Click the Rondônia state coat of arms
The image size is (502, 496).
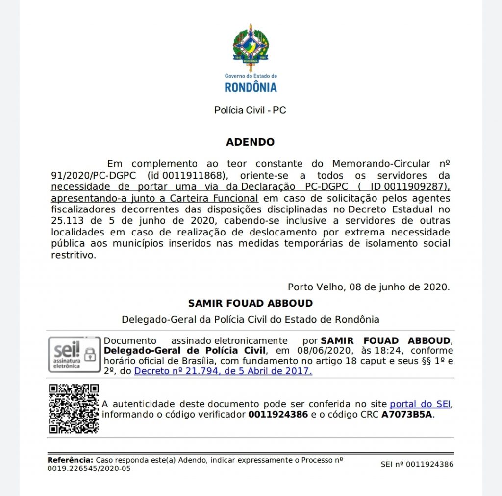click(251, 47)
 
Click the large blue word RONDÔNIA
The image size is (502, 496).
click(251, 88)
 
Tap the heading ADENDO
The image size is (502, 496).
click(250, 143)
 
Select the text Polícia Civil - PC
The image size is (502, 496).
click(250, 110)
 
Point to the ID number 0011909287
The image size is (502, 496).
click(416, 186)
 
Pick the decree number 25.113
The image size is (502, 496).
click(67, 221)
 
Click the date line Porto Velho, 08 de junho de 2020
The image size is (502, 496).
click(368, 287)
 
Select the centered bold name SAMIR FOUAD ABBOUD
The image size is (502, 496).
click(250, 303)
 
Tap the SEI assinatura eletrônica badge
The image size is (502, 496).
click(74, 354)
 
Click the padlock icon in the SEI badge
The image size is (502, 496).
click(90, 354)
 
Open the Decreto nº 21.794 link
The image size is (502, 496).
click(223, 371)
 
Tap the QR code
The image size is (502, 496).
click(74, 409)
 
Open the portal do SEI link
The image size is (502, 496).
click(420, 404)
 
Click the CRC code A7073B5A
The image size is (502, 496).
click(407, 414)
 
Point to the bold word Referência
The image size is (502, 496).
click(70, 460)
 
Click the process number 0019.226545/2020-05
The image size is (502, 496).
click(89, 469)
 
